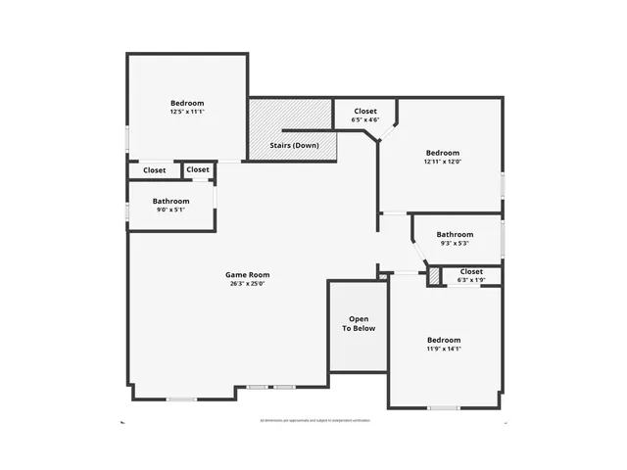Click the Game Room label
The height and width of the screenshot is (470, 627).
pos(247,275)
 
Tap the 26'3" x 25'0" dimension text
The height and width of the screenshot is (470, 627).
pos(247,284)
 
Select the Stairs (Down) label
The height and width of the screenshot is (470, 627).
pos(294,146)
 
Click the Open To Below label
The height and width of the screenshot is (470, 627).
pos(359,324)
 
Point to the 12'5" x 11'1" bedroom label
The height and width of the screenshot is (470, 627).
pos(187,104)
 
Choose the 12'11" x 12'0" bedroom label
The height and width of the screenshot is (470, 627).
pos(443,153)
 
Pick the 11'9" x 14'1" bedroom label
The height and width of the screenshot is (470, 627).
pos(443,340)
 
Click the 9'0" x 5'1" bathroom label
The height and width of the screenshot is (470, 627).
pos(170,202)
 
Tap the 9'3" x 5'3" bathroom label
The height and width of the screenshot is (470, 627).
pos(455,235)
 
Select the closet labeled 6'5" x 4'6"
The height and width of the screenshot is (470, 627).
pos(364,112)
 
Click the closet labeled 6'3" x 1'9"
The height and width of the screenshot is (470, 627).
pos(471,271)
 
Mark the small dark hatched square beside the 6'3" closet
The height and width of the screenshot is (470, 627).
pos(434,277)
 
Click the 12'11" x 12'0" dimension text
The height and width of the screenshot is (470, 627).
pos(443,162)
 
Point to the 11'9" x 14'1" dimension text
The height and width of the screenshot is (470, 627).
pos(443,349)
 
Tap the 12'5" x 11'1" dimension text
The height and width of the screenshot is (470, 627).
pos(187,113)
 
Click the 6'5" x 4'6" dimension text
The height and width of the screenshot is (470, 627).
pos(364,120)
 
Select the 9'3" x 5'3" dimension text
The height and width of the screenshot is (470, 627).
pos(455,244)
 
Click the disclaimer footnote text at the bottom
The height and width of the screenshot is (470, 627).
pos(314,420)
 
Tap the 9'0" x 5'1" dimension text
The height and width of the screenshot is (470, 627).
pos(170,211)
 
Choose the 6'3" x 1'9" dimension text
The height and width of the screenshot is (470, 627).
pos(471,280)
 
